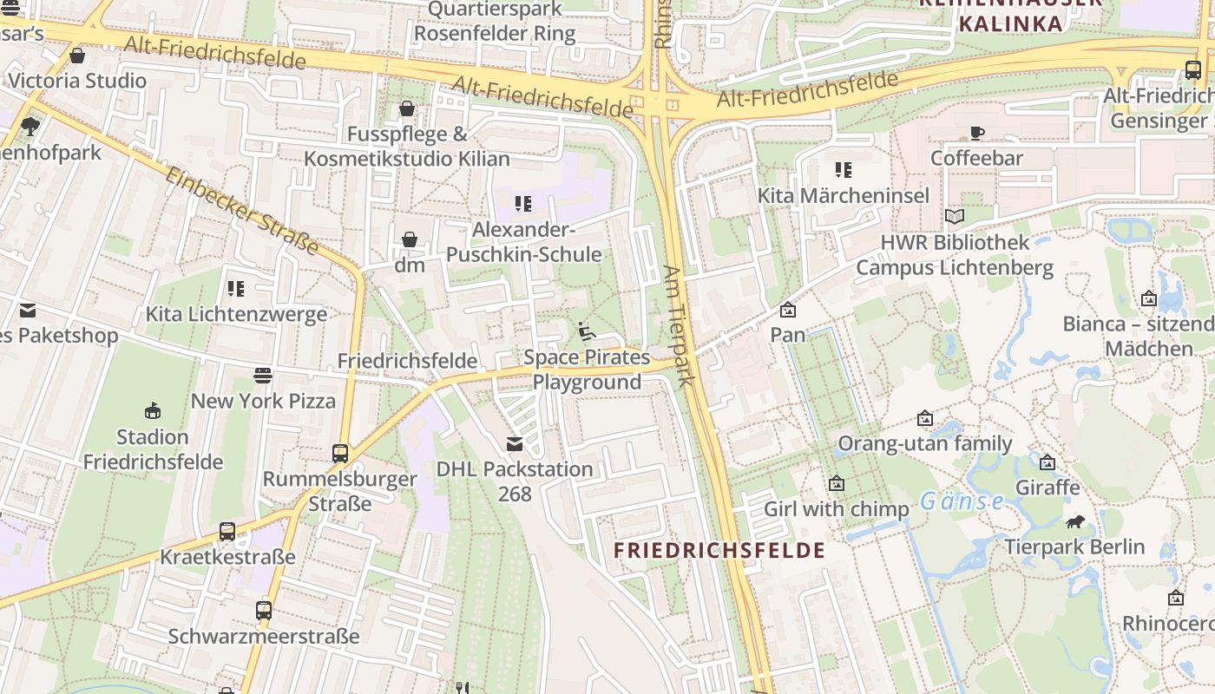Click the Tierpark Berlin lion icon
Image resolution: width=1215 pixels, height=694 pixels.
pos(1074,521)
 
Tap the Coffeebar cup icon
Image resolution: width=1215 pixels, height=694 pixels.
pos(977,133)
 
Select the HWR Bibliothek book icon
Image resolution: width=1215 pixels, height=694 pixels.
pos(955,216)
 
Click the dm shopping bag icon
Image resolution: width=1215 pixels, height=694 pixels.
pos(410,239)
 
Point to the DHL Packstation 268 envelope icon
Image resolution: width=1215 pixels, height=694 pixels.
pos(515,444)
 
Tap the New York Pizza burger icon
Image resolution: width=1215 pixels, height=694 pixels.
pos(263,375)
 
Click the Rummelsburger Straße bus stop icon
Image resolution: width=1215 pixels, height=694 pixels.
pos(340,453)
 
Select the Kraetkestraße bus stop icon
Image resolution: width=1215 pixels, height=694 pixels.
pos(227,531)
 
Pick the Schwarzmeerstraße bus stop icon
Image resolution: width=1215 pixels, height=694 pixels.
pos(264,610)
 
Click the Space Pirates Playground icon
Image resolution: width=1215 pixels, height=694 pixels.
pos(587,331)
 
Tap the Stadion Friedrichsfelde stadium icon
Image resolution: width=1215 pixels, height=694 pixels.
pos(153,410)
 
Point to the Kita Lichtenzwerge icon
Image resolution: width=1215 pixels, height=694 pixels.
pos(236,288)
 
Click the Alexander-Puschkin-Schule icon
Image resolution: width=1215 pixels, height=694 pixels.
pos(523,204)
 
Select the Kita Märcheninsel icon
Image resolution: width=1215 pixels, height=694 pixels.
pos(844,169)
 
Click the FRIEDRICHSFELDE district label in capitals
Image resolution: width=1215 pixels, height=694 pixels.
pos(719,550)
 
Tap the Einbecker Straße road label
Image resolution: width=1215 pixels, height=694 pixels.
pos(242,211)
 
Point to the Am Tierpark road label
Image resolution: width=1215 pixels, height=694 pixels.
pos(679,325)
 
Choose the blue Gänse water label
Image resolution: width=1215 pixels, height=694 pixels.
pos(962,501)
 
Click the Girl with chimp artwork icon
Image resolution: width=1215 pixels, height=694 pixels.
pos(837,483)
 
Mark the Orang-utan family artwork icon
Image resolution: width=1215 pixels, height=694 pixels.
pos(925,418)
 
